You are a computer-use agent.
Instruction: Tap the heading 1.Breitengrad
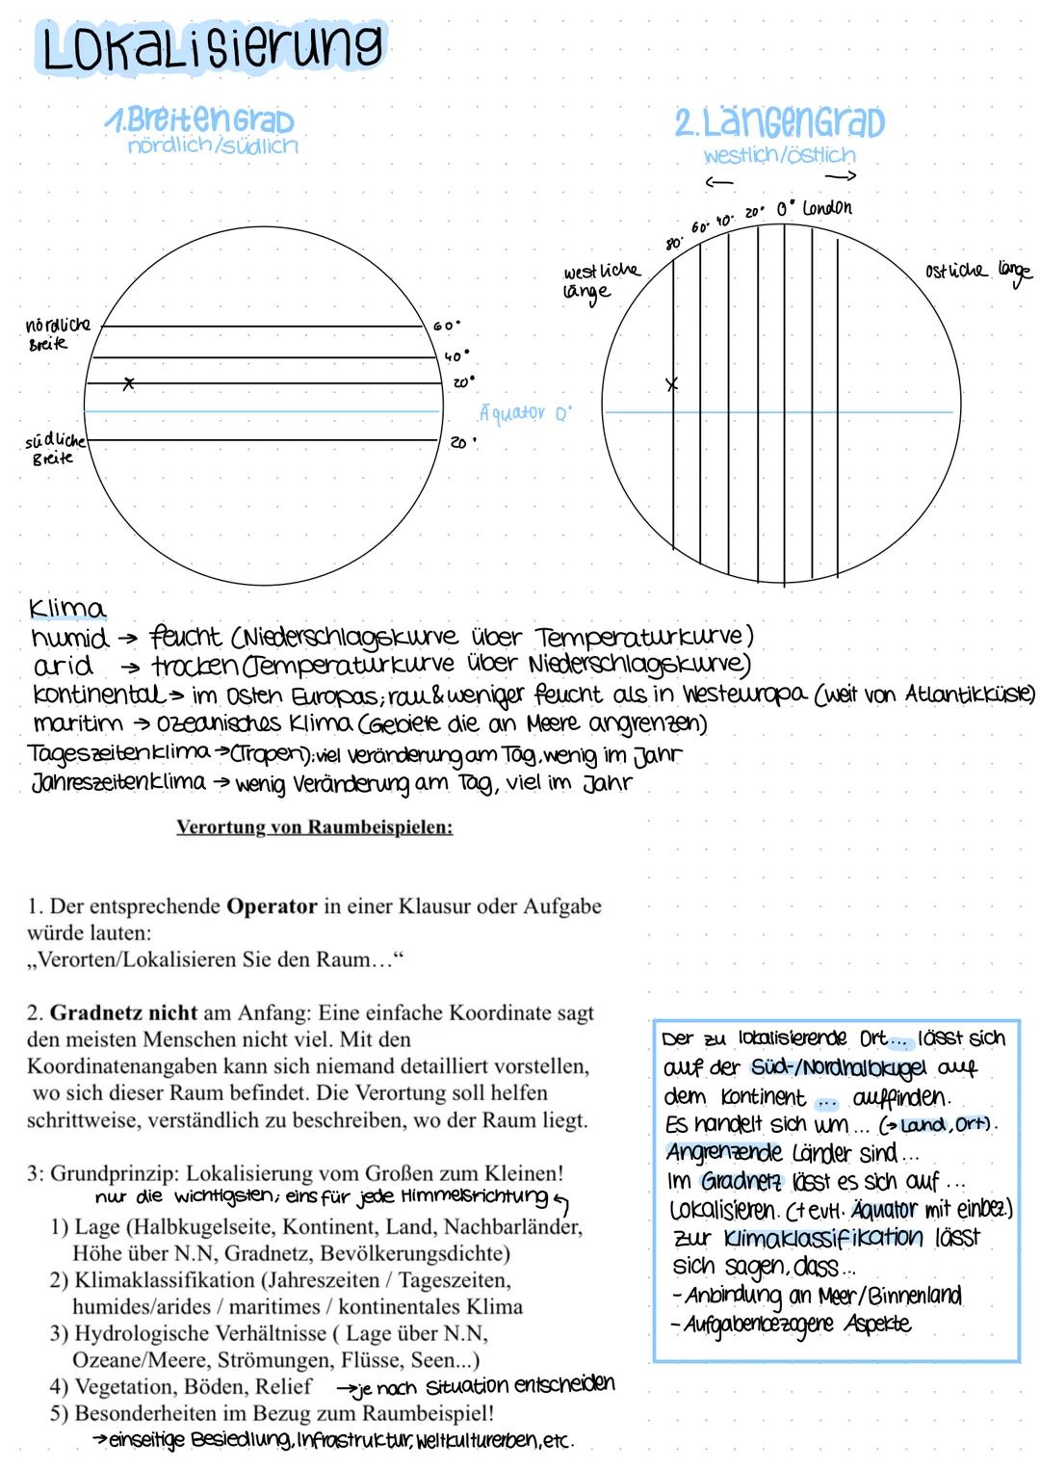pyautogui.click(x=199, y=120)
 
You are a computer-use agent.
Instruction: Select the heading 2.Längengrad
pyautogui.click(x=779, y=122)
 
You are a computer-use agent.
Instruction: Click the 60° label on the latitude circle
pyautogui.click(x=447, y=327)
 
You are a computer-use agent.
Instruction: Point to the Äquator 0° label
pyautogui.click(x=525, y=413)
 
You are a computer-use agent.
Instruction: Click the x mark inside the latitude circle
pyautogui.click(x=128, y=384)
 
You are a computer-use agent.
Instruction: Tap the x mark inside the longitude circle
pyautogui.click(x=672, y=384)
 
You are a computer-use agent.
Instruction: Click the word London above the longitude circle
pyautogui.click(x=826, y=207)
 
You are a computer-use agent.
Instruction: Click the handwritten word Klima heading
pyautogui.click(x=67, y=609)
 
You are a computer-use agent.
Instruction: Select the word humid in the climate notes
pyautogui.click(x=70, y=638)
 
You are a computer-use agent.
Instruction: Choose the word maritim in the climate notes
pyautogui.click(x=78, y=723)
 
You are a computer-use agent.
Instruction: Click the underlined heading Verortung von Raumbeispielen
pyautogui.click(x=314, y=827)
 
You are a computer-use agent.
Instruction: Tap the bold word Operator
pyautogui.click(x=272, y=906)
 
